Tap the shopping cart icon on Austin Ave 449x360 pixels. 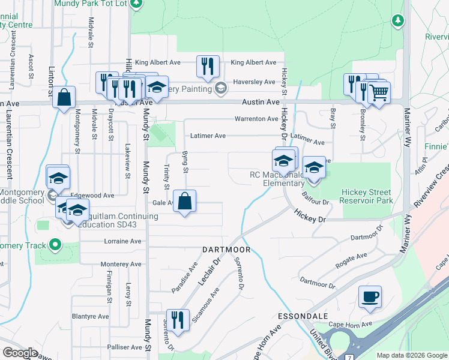(379, 94)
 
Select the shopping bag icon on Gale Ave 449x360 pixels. (185, 202)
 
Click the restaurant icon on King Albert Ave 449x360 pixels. (208, 67)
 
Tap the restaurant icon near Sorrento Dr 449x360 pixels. (178, 320)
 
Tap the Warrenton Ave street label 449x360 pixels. (256, 119)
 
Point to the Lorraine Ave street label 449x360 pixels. (122, 241)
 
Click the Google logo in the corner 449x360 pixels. (20, 353)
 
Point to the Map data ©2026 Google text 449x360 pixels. (412, 355)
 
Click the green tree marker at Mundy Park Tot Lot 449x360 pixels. (137, 3)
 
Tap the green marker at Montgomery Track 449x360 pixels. (55, 245)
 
